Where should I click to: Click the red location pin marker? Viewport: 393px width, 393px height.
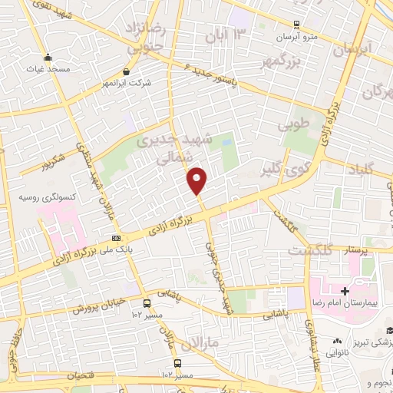(x=197, y=180)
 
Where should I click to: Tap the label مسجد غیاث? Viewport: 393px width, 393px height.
(x=48, y=68)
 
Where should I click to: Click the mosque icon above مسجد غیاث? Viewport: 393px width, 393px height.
(x=48, y=56)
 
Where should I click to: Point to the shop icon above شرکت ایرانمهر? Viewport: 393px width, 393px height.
(x=126, y=71)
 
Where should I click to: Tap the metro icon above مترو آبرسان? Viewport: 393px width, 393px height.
(x=296, y=24)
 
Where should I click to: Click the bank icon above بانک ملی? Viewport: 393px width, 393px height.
(x=116, y=238)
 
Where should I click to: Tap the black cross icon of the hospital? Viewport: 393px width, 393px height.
(x=345, y=292)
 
